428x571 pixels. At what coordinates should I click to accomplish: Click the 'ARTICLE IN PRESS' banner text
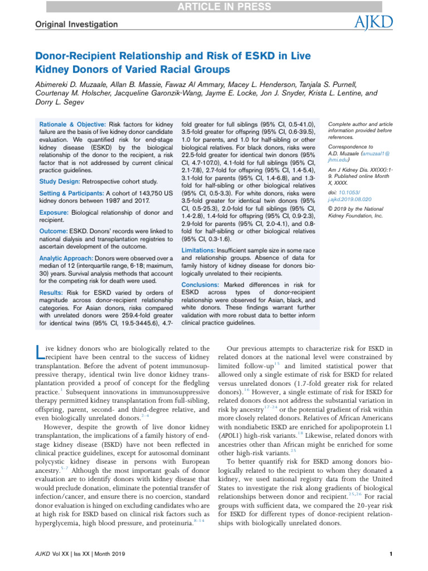click(x=214, y=7)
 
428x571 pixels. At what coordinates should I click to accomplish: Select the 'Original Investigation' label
click(x=77, y=25)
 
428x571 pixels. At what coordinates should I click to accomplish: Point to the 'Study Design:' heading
click(x=60, y=182)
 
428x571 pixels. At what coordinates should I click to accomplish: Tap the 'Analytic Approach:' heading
click(x=66, y=259)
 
